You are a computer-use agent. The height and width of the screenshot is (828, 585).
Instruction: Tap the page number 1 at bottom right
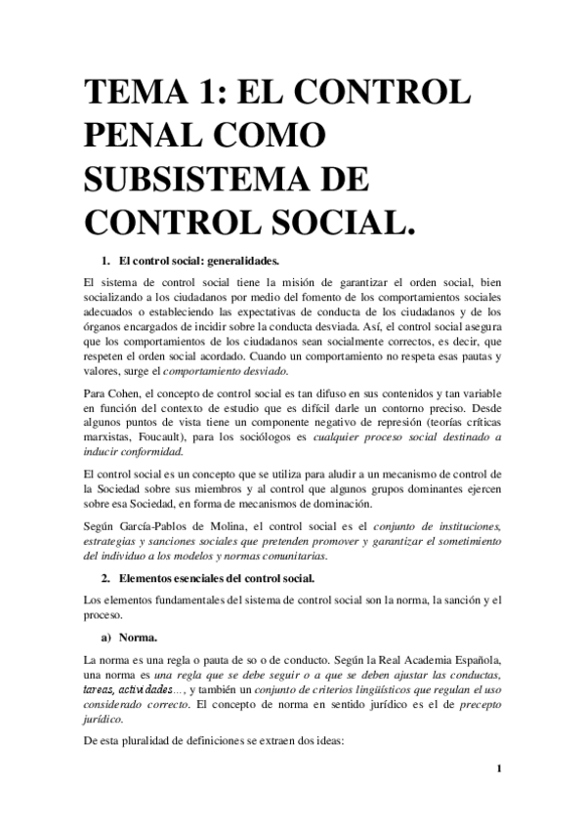(499, 768)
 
